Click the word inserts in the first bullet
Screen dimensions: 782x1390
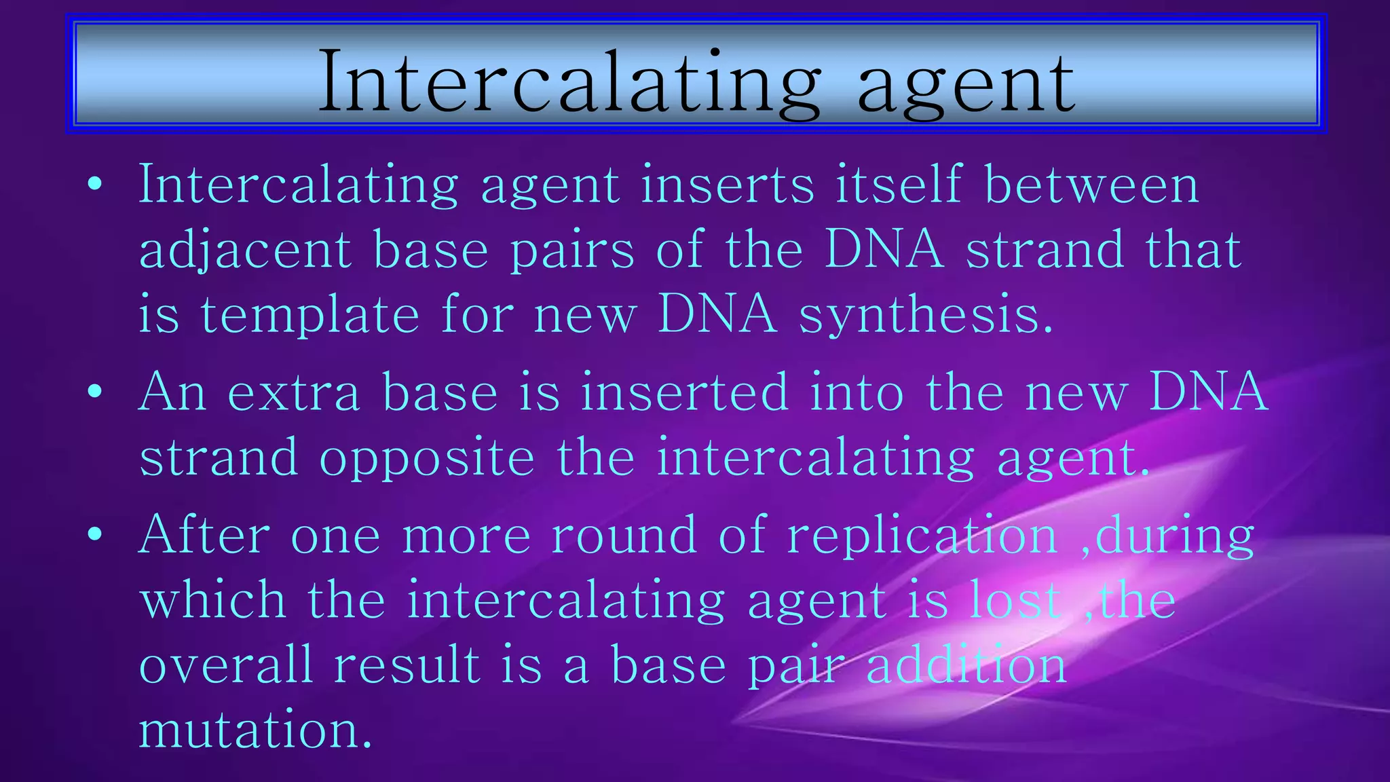click(x=727, y=185)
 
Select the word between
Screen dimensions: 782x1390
click(x=1091, y=185)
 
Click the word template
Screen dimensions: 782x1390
click(x=309, y=316)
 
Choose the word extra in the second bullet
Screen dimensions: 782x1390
click(x=293, y=392)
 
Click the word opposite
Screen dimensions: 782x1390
click(x=427, y=459)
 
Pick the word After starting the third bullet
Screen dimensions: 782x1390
click(x=204, y=535)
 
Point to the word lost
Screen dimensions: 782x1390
click(x=1015, y=600)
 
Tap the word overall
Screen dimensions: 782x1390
click(x=226, y=665)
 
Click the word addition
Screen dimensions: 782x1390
click(x=966, y=665)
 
